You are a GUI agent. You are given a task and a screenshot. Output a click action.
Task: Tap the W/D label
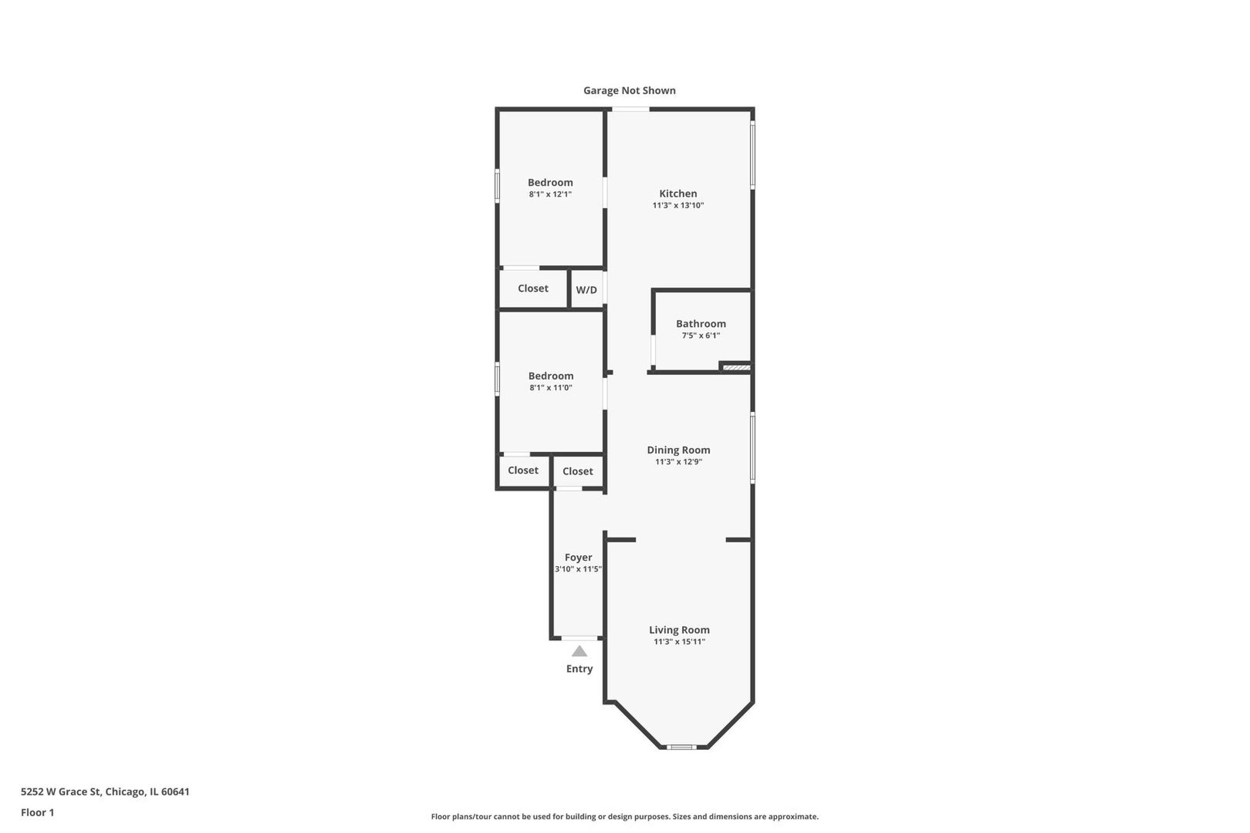[586, 290]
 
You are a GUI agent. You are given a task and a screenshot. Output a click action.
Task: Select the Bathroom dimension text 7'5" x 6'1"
[700, 335]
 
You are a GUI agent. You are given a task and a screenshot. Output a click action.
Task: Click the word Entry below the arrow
[579, 669]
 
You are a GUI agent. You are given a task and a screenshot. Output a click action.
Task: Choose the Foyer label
[578, 557]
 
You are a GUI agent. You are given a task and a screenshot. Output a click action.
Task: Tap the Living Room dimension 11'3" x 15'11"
[679, 641]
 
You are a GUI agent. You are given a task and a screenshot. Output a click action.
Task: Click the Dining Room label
[678, 449]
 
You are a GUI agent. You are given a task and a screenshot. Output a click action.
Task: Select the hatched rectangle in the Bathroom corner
[737, 367]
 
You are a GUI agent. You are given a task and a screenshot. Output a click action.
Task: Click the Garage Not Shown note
[629, 90]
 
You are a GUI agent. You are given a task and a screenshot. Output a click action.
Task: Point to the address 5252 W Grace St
[60, 792]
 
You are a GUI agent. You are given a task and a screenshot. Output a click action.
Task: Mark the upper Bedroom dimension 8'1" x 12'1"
[550, 195]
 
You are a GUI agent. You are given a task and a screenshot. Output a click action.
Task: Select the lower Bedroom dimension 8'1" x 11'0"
[550, 388]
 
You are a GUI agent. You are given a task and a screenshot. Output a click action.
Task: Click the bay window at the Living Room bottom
[681, 747]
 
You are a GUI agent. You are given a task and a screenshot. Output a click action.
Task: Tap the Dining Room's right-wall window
[752, 447]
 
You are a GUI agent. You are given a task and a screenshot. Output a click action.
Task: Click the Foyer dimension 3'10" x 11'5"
[578, 569]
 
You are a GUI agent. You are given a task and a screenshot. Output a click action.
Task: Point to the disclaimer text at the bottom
[625, 816]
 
